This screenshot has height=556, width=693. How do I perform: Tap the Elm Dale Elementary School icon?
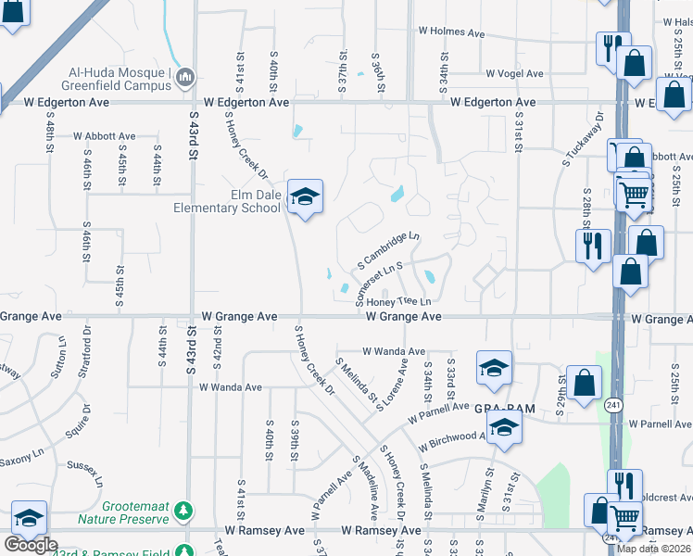pos(304,196)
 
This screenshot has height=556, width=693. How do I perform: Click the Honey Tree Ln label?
pos(399,302)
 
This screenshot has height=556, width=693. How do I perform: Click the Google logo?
pos(31,545)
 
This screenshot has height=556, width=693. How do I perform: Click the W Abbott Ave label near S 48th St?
pos(105,136)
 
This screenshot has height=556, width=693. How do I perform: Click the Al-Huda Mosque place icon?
pos(184,76)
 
